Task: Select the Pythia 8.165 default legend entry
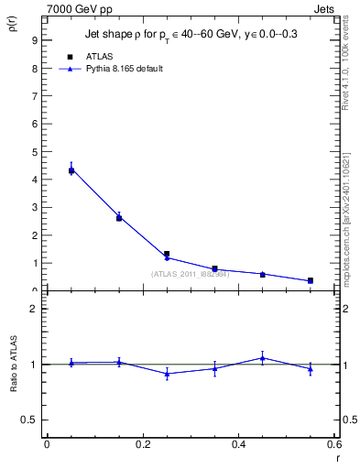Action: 124,69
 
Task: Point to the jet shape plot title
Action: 192,34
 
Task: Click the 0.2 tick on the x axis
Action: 143,444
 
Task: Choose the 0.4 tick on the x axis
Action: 239,444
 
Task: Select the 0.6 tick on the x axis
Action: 333,444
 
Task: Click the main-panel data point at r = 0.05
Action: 71,169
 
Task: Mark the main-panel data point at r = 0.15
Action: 119,217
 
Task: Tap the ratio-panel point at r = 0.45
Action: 263,358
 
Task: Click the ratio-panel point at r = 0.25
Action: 167,374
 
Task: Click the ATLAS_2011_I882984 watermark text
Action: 191,274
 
